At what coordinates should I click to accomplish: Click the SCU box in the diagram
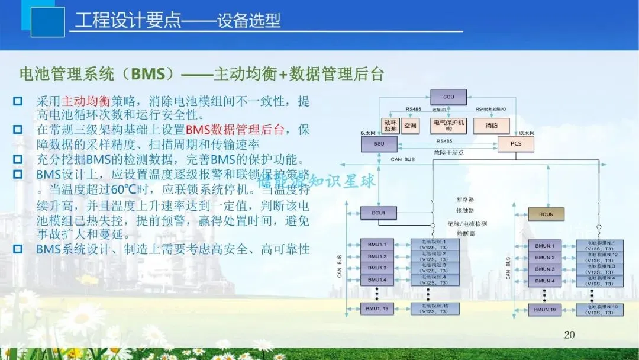447,97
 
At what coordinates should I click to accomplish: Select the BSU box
377,143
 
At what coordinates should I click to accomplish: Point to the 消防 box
491,126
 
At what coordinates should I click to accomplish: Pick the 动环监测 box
390,126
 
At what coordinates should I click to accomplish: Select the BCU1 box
377,212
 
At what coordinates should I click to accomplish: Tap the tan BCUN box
546,214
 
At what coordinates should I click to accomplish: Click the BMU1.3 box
377,268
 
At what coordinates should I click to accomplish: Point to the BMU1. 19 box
377,308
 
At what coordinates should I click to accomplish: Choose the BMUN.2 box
545,257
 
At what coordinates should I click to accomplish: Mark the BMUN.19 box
545,309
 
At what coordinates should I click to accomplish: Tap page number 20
569,335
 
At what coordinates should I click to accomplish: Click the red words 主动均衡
86,101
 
